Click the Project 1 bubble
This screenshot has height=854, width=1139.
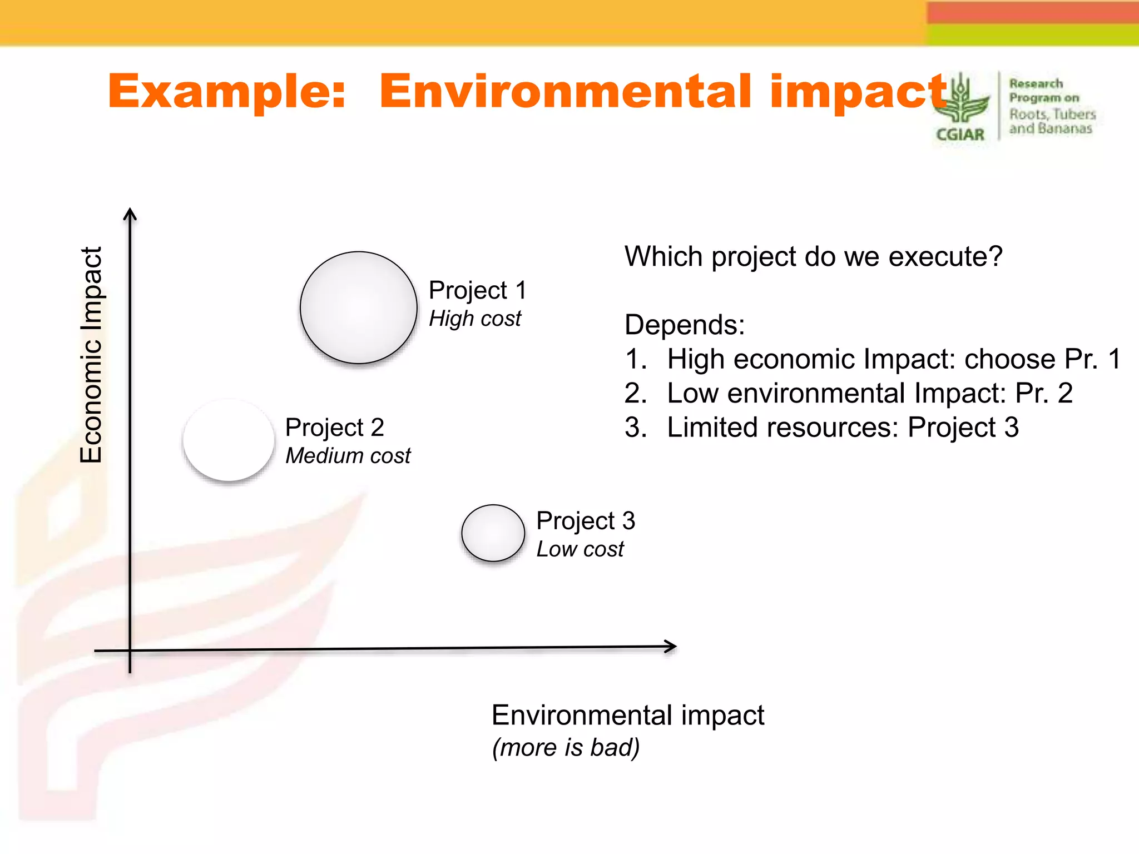click(x=359, y=307)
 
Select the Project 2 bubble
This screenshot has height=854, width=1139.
click(x=229, y=440)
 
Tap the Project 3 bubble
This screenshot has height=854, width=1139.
click(x=493, y=533)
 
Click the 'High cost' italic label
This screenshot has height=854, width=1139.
click(x=475, y=319)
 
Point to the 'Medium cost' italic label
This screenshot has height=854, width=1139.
click(x=348, y=456)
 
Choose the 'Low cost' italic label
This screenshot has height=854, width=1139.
click(x=580, y=549)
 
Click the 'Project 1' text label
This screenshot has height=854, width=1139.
click(x=477, y=290)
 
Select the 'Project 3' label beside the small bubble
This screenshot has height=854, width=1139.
click(x=585, y=521)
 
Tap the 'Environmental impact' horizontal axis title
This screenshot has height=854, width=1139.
click(x=628, y=715)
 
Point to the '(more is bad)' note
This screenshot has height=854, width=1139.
click(x=566, y=747)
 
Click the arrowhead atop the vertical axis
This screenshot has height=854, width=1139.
click(x=130, y=213)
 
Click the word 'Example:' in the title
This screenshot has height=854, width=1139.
click(x=227, y=91)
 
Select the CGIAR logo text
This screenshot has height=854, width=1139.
click(x=960, y=135)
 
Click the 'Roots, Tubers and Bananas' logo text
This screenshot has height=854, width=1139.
click(x=1051, y=121)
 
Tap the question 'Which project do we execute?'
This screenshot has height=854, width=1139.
click(x=813, y=257)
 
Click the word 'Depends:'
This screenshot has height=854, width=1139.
click(x=684, y=325)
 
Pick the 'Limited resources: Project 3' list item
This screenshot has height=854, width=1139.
click(x=843, y=428)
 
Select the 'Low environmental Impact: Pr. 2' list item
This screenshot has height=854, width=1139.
click(x=869, y=393)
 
